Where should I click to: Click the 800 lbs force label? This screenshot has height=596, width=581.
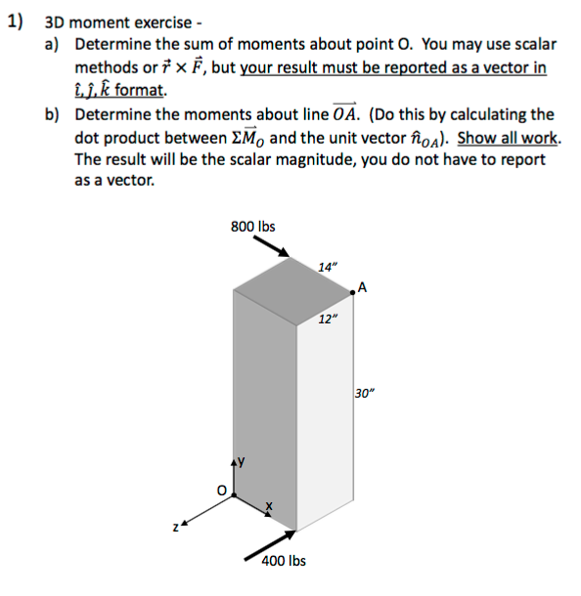253,227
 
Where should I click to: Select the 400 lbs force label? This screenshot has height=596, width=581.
284,561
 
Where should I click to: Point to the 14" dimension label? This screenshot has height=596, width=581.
328,267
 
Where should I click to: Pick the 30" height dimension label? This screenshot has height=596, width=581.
365,394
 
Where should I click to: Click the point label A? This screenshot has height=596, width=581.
363,286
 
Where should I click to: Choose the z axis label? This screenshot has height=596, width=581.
177,529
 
